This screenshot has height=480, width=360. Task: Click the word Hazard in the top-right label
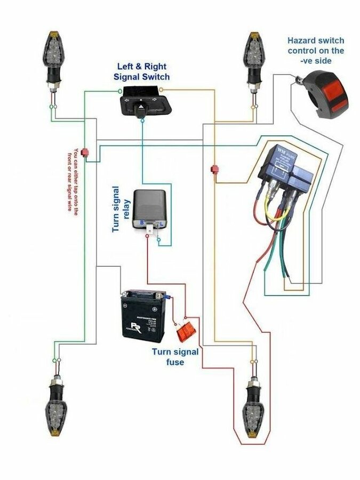tap(302, 41)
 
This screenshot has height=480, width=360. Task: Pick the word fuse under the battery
tap(175, 362)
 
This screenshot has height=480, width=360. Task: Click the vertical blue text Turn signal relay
tap(122, 209)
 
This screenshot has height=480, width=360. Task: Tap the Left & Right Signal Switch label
tap(141, 71)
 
